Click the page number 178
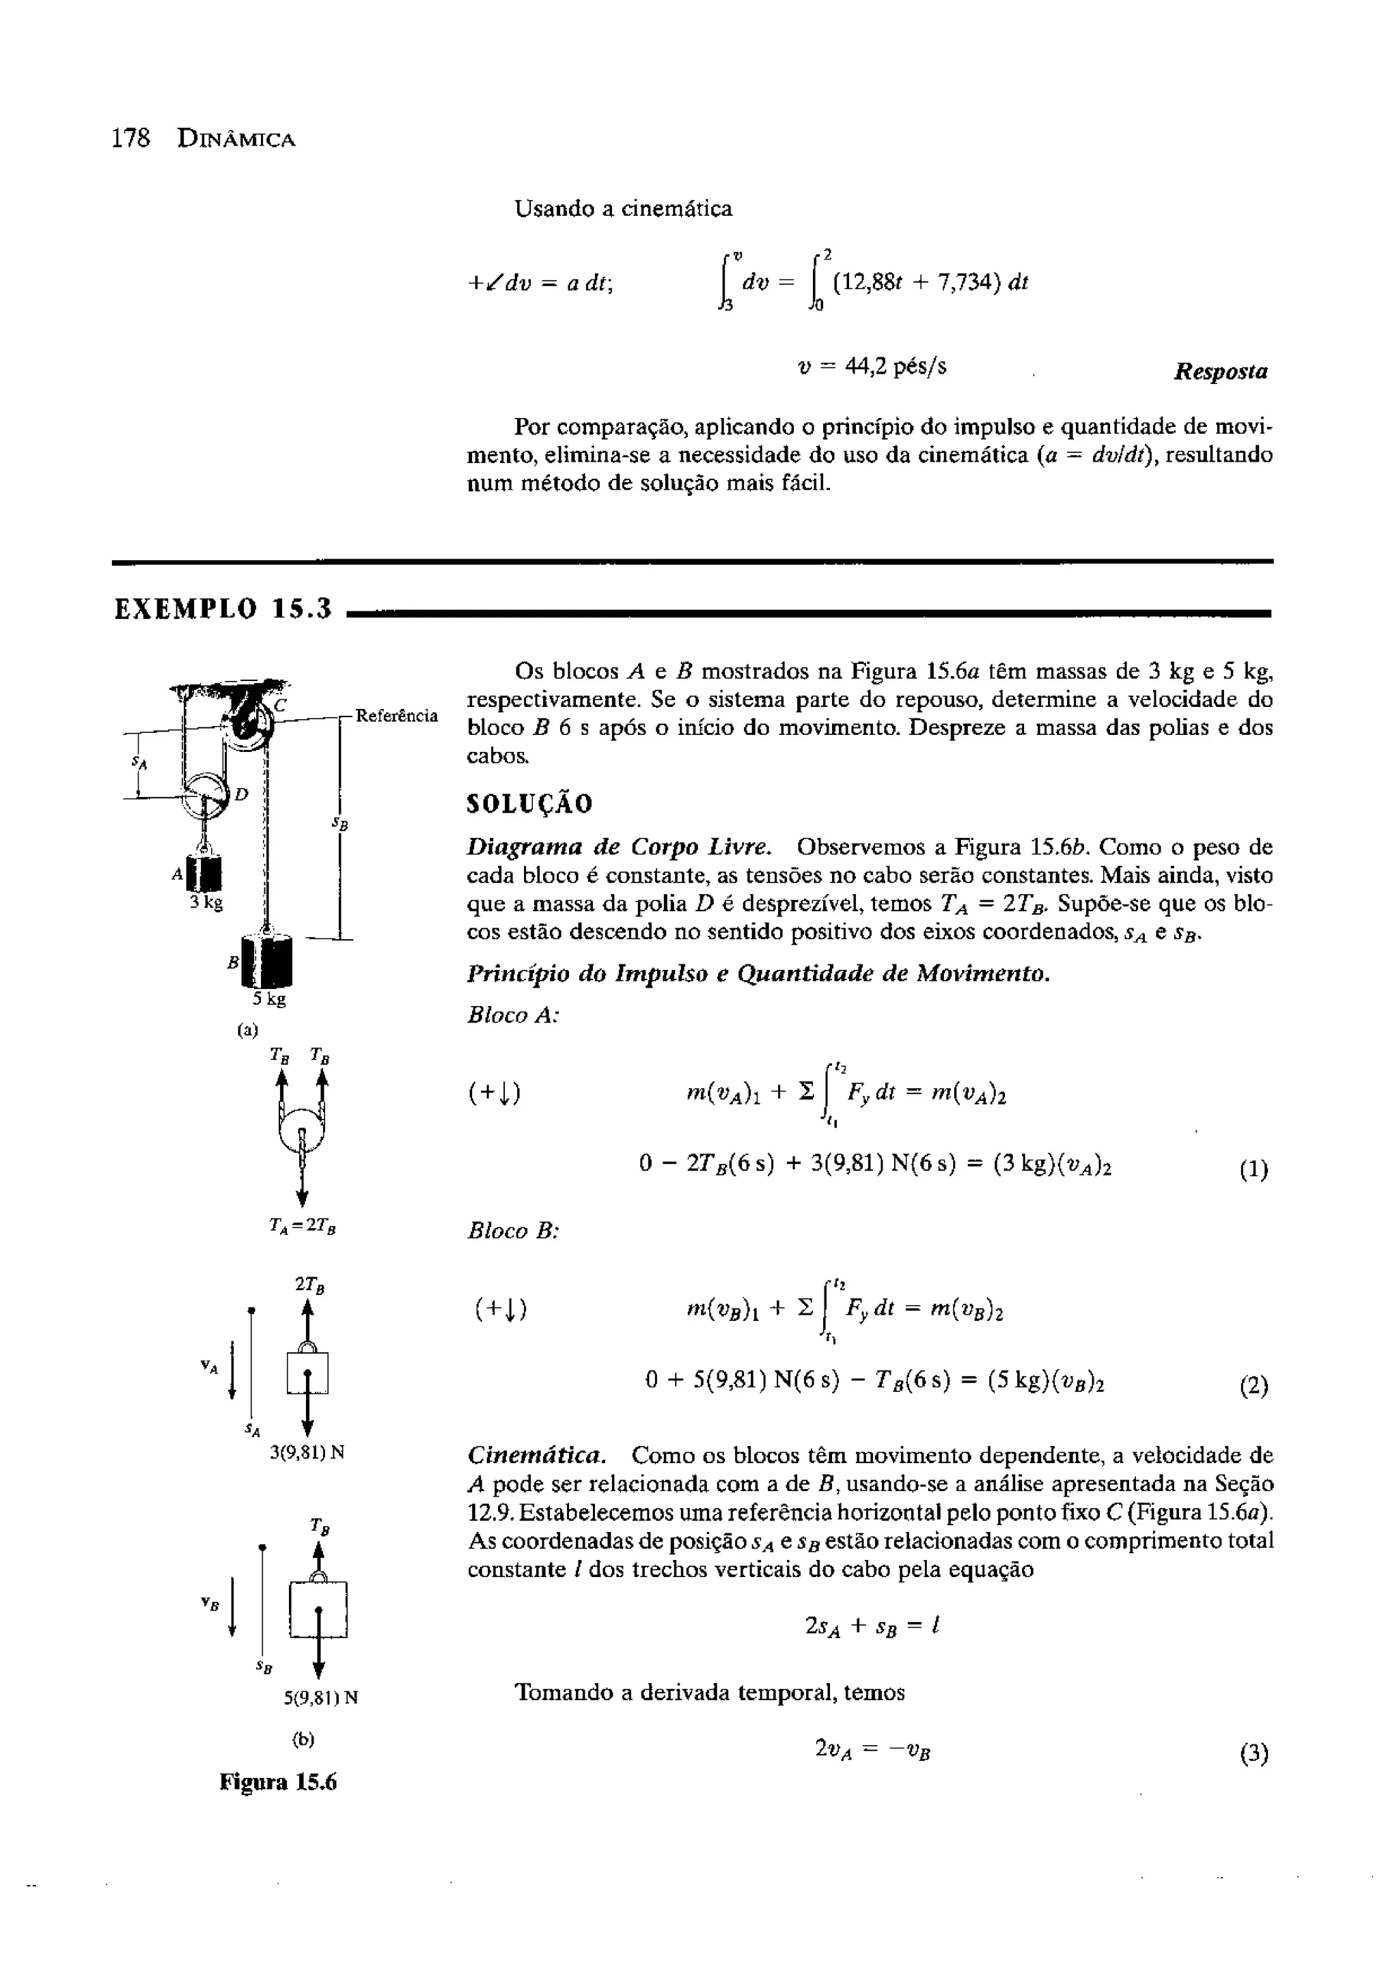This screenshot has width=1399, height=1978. point(131,139)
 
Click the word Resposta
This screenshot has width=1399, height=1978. point(1221,372)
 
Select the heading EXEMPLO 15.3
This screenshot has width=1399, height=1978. point(223,610)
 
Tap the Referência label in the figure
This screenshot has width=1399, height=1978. point(396,716)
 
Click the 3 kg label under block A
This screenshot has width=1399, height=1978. point(207,903)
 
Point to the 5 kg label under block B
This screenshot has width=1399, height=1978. point(268,999)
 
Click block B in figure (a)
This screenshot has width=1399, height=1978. point(268,960)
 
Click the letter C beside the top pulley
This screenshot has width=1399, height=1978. point(281,705)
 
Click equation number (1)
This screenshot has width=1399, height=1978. point(1253,1171)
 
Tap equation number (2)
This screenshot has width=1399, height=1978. point(1253,1387)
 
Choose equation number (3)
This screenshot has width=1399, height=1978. point(1253,1754)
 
